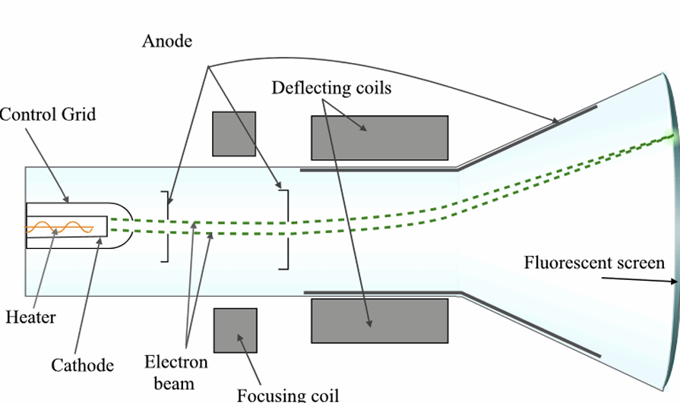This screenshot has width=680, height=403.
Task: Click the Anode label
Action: [167, 41]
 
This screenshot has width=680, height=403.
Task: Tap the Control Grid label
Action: [48, 115]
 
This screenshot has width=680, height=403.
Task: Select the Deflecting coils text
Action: [331, 88]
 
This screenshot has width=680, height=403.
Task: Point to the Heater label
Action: [30, 317]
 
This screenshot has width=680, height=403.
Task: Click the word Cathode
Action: [82, 365]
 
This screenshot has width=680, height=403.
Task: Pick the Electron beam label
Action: [176, 373]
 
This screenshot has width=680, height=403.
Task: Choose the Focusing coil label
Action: [288, 395]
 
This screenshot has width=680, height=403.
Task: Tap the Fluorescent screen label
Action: [594, 263]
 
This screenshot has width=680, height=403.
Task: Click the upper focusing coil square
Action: [234, 134]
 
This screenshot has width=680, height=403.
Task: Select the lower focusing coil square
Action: [236, 330]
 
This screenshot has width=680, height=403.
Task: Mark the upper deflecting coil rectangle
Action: [379, 138]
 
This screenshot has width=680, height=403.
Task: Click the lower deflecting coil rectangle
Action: [379, 321]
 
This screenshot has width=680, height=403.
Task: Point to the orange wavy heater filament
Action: [59, 227]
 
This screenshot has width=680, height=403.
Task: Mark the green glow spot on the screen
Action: [672, 136]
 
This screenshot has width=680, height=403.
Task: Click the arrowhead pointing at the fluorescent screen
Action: [673, 282]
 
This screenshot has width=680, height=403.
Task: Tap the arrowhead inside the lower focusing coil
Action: [239, 337]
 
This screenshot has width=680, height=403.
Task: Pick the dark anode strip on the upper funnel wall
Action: [528, 137]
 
